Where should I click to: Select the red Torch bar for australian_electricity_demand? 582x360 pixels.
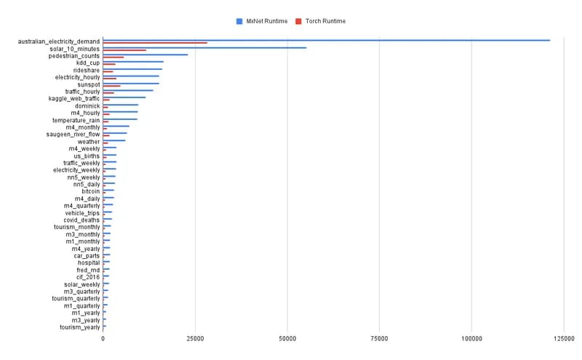point(155,43)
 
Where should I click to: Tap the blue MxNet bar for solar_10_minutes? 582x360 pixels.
point(204,47)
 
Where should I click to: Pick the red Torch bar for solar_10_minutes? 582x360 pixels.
point(124,50)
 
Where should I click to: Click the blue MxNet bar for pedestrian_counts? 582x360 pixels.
point(145,55)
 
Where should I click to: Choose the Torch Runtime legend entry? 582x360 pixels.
point(321,21)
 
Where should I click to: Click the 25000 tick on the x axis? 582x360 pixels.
point(195,339)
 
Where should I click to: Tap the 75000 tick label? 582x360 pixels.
point(379,339)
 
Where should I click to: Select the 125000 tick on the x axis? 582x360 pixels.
point(563,339)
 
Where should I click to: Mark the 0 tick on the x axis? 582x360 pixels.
point(103,339)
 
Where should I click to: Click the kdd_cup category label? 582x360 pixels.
point(88,63)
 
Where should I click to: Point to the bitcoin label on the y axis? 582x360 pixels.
point(91,191)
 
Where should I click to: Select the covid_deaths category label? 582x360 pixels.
point(81,220)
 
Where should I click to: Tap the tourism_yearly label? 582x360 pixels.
point(80,327)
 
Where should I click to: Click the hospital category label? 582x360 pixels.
point(89,263)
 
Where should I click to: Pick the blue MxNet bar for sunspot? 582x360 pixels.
point(131,83)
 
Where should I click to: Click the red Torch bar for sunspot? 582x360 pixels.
point(112,86)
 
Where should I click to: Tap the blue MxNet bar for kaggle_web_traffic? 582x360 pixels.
point(124,97)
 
